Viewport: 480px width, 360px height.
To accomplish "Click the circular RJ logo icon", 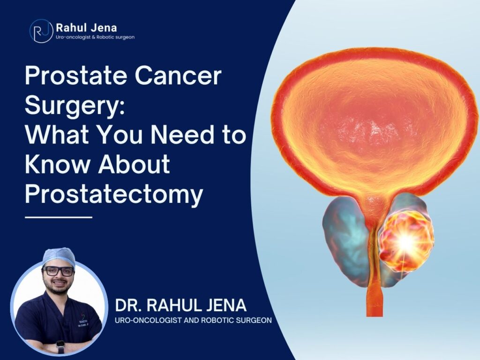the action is pyautogui.click(x=41, y=31).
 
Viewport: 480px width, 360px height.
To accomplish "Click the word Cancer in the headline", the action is pyautogui.click(x=178, y=75).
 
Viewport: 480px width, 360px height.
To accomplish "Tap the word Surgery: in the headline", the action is pyautogui.click(x=75, y=105).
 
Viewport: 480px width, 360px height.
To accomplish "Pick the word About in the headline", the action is pyautogui.click(x=134, y=164).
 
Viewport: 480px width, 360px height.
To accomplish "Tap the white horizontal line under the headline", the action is pyautogui.click(x=59, y=217).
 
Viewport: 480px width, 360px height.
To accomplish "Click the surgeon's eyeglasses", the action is pyautogui.click(x=58, y=271).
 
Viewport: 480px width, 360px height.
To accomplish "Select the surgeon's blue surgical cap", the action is pyautogui.click(x=59, y=256).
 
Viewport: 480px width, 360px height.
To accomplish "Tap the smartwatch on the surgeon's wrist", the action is pyautogui.click(x=60, y=346).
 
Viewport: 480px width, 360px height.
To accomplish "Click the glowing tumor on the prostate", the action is pyautogui.click(x=406, y=241).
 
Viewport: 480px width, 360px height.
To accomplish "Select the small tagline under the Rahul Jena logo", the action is pyautogui.click(x=95, y=37).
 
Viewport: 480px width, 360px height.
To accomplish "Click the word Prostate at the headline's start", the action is pyautogui.click(x=75, y=75).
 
